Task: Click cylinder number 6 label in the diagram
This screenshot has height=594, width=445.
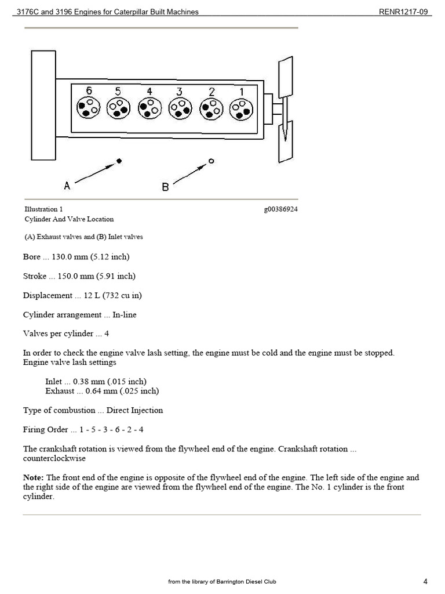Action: tap(89, 91)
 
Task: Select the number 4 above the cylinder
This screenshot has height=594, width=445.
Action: tap(149, 92)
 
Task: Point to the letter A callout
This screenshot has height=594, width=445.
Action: tap(67, 186)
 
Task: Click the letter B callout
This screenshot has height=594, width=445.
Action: tap(165, 187)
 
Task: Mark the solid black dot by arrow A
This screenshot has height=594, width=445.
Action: tap(118, 161)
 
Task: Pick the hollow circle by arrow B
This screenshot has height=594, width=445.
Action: tap(211, 161)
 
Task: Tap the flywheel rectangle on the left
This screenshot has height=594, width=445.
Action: tap(43, 104)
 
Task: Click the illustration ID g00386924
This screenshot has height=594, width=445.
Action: tap(281, 209)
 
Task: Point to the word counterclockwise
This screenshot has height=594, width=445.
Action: tap(54, 458)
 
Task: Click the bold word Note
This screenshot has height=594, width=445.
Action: tap(33, 477)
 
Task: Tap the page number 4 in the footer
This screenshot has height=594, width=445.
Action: tap(425, 581)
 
